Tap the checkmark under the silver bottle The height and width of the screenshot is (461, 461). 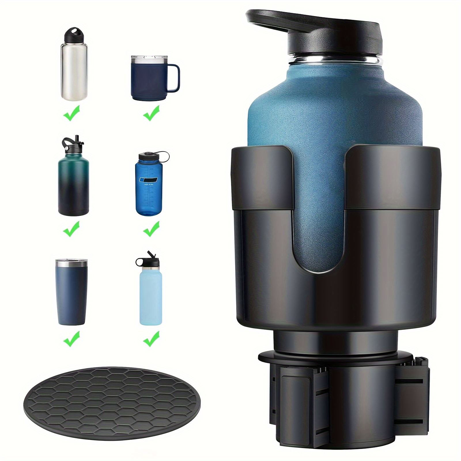click(71, 113)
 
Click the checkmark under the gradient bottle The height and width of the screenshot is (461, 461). click(71, 229)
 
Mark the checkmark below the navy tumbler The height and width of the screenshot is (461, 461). click(71, 339)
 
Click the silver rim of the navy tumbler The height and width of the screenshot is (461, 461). click(71, 263)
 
